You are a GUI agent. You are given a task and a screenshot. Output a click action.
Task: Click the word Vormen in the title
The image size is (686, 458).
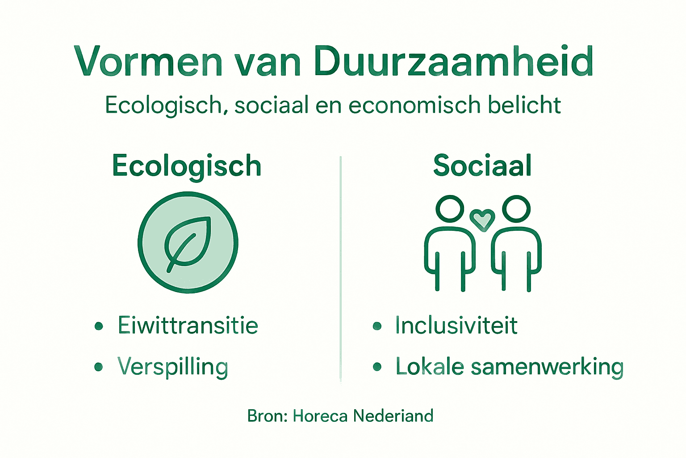(148, 62)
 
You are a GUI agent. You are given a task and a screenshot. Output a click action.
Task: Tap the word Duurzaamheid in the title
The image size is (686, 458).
(454, 62)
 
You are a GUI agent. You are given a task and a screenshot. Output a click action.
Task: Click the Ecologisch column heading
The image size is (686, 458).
(187, 166)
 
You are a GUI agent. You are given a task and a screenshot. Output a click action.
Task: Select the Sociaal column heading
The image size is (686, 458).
(482, 165)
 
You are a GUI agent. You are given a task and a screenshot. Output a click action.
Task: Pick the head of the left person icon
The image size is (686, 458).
(450, 208)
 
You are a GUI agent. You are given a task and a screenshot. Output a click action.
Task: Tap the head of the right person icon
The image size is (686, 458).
(516, 208)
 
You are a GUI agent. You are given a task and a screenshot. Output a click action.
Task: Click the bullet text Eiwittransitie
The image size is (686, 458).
(188, 325)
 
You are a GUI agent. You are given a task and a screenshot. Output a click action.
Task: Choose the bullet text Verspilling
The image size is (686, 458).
(173, 367)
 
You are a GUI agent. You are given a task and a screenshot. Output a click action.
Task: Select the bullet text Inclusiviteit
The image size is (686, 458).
(456, 325)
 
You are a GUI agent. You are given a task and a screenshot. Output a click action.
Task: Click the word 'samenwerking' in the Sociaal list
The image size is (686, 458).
(547, 367)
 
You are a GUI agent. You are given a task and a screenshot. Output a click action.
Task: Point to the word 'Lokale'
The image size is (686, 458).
(430, 367)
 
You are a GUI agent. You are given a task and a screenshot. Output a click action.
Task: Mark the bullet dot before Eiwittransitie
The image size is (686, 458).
(99, 326)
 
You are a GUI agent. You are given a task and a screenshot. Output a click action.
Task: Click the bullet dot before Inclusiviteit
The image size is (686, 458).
(377, 326)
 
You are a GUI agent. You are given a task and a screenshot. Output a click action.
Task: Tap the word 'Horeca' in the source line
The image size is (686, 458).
(320, 416)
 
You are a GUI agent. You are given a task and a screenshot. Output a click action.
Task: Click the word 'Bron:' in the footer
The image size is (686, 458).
(268, 416)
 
